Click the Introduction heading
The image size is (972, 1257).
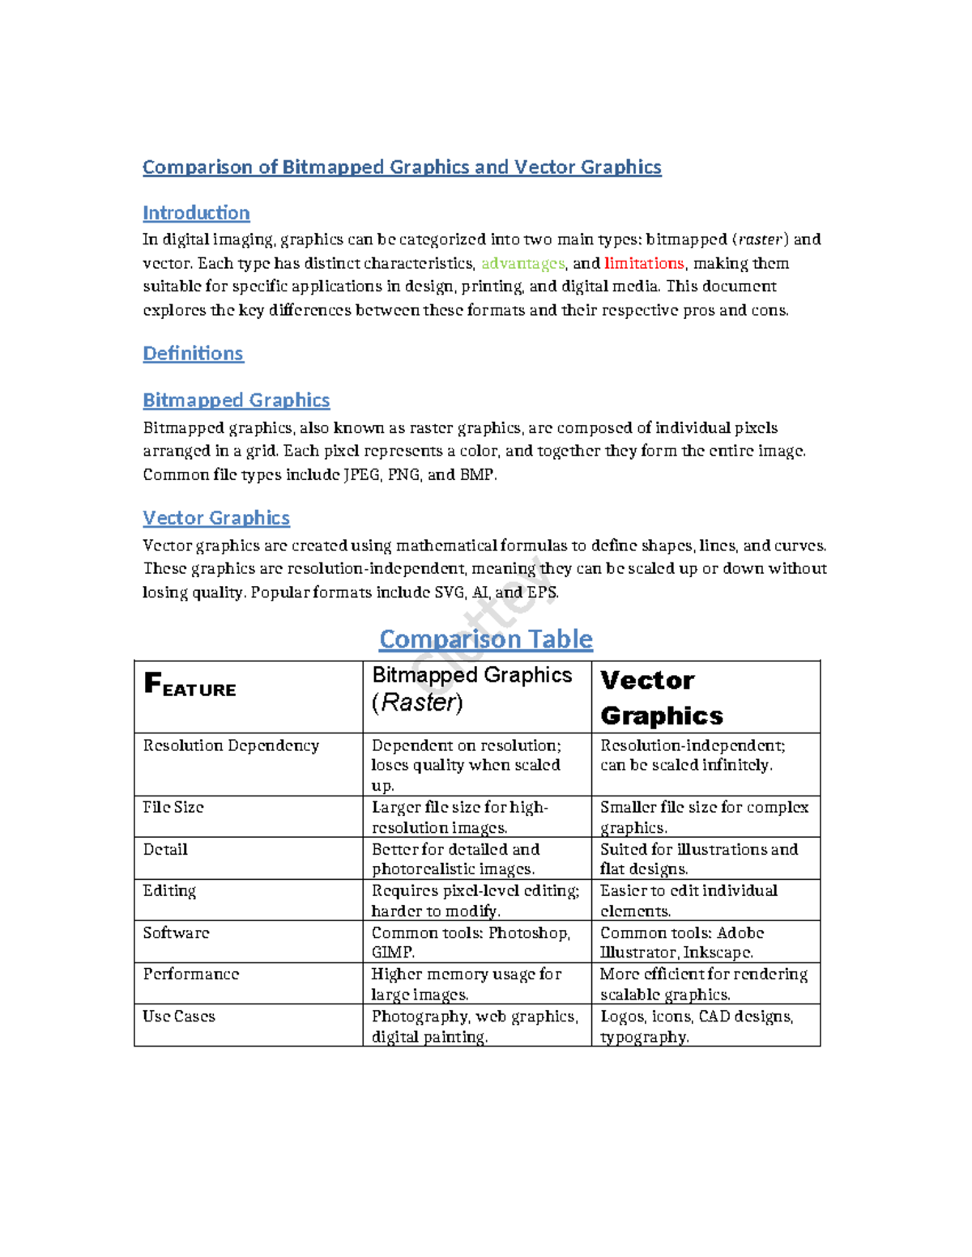coord(196,213)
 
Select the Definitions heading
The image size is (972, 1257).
coord(193,354)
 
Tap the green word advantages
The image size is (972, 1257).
coord(522,263)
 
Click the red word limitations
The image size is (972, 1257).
coord(644,263)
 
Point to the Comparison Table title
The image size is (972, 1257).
coord(485,639)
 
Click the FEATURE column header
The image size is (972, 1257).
coord(190,686)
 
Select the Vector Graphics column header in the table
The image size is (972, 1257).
coord(661,698)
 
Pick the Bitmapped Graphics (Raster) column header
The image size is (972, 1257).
coord(471,689)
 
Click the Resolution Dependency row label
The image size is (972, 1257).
coord(231,745)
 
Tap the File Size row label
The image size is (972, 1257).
coord(173,807)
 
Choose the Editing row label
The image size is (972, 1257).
coord(169,891)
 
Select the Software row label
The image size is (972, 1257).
coord(176,932)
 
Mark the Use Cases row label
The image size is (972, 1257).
coord(179,1017)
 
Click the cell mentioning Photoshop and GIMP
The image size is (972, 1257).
coord(471,942)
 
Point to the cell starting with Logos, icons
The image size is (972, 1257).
coord(696,1026)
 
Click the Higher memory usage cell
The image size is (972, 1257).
coord(466,984)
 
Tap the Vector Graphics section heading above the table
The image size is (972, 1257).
coord(216,518)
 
